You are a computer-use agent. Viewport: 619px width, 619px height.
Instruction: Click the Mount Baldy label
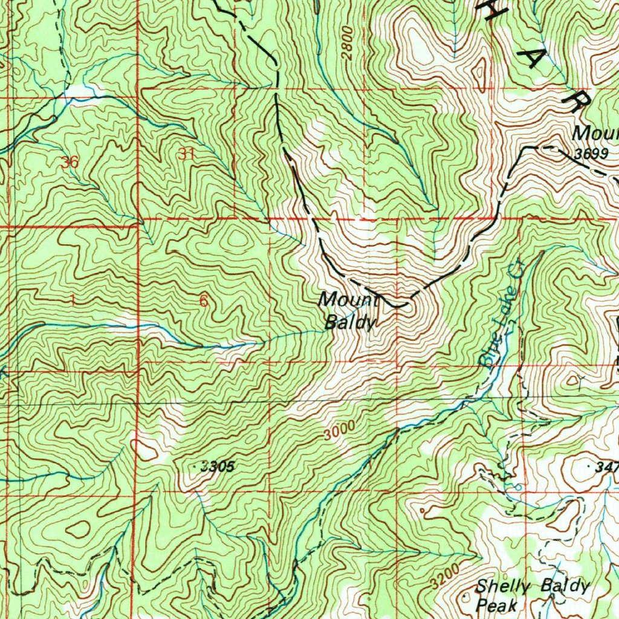click(349, 311)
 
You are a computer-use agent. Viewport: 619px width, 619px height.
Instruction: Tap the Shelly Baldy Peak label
click(532, 595)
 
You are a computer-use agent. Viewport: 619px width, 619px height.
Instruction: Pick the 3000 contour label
click(338, 433)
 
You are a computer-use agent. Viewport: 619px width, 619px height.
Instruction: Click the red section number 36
click(70, 162)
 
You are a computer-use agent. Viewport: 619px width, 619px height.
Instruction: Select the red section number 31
click(186, 154)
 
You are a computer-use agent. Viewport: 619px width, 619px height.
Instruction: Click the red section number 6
click(203, 300)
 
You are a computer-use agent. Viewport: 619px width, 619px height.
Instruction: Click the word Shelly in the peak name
click(503, 586)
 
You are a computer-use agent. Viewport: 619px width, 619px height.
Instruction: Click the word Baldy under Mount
click(350, 322)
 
